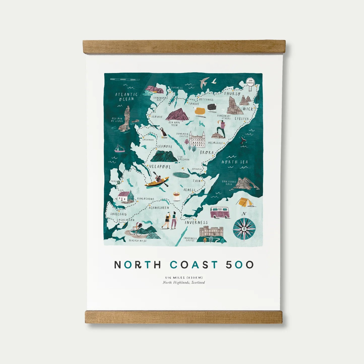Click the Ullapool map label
160,167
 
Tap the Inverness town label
196,222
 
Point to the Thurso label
232,94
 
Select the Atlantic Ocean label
126,97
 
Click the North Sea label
235,162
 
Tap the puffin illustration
163,133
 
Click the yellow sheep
200,112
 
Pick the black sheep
212,107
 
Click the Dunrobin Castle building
197,140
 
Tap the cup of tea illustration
177,196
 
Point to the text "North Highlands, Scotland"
184,283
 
